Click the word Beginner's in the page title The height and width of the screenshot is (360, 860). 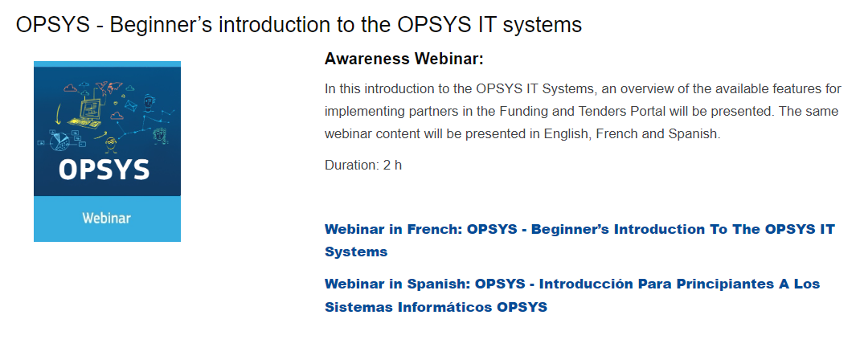(162, 25)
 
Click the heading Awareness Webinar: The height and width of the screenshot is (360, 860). (403, 59)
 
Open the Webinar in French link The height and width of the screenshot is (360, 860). (579, 240)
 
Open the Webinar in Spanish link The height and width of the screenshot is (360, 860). (572, 296)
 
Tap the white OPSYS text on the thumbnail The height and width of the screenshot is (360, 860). (104, 170)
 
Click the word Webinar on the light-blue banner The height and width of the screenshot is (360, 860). (106, 218)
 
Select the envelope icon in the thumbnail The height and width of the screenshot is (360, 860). (130, 104)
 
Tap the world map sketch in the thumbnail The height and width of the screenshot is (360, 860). (108, 87)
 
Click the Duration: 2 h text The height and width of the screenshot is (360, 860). (363, 165)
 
